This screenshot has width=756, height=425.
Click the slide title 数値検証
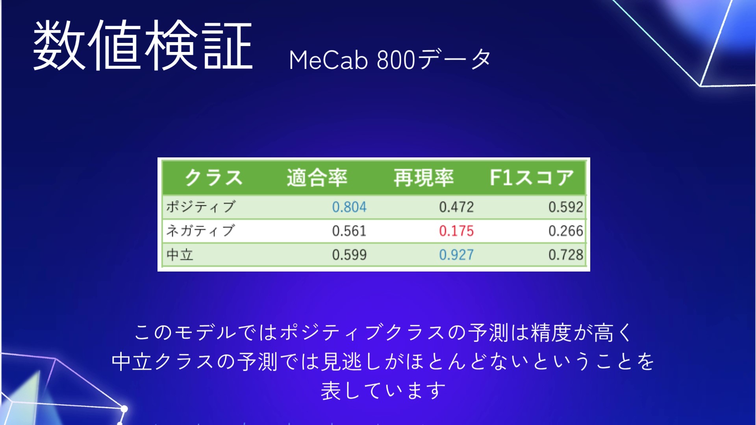pyautogui.click(x=143, y=45)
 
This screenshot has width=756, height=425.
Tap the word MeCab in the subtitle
pyautogui.click(x=328, y=60)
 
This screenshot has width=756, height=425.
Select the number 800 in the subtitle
pyautogui.click(x=396, y=60)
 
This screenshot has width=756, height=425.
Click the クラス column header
pyautogui.click(x=214, y=177)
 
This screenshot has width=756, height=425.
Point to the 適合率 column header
pyautogui.click(x=317, y=177)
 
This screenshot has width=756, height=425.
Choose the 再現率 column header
pyautogui.click(x=424, y=177)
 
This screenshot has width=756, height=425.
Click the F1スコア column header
pyautogui.click(x=532, y=177)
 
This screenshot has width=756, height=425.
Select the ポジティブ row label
pyautogui.click(x=201, y=207)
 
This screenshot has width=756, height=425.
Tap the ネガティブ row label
pyautogui.click(x=201, y=231)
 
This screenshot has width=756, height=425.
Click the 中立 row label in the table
pyautogui.click(x=180, y=255)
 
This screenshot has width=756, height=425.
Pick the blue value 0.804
pyautogui.click(x=349, y=207)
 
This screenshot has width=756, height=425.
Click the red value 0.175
pyautogui.click(x=456, y=231)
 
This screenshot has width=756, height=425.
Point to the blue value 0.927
pyautogui.click(x=456, y=255)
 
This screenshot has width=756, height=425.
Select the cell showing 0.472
pyautogui.click(x=456, y=207)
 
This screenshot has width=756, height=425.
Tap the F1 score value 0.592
pyautogui.click(x=566, y=207)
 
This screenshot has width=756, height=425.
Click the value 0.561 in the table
pyautogui.click(x=349, y=231)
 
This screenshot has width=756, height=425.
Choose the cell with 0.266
pyautogui.click(x=566, y=231)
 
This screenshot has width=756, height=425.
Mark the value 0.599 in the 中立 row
pyautogui.click(x=349, y=255)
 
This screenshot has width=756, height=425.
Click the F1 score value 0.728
pyautogui.click(x=566, y=255)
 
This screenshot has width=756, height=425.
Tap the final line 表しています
pyautogui.click(x=383, y=390)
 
